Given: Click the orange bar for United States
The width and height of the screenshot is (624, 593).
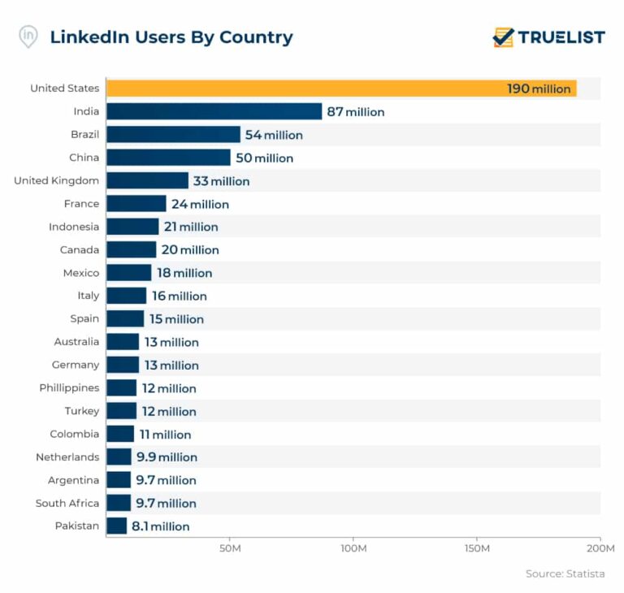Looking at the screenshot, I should coord(341,89).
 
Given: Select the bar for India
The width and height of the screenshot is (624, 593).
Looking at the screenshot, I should coord(214,111).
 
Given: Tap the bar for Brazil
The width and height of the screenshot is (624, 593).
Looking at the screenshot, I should coord(173,135).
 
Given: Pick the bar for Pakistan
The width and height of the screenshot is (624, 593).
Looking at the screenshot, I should coord(116,526).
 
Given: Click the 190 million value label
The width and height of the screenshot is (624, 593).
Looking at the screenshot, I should coord(539,89).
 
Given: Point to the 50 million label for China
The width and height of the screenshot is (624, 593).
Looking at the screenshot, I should coord(264,158).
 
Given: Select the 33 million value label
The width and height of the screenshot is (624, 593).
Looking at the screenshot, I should coord(221,181).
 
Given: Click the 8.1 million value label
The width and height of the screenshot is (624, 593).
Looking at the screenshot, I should coord(160,526).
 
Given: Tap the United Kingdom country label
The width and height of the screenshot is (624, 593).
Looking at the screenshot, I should coord(56,180).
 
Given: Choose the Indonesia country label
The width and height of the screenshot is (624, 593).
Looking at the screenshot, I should coord(74,227).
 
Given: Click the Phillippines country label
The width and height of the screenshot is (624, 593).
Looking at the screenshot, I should coord(69,387).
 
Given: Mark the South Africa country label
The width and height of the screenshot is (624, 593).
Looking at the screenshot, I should coord(67,503).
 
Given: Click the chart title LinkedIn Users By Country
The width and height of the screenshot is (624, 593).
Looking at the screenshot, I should coord(171,37).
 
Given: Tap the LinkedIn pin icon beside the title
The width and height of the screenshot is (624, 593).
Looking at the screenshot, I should coord(28,37).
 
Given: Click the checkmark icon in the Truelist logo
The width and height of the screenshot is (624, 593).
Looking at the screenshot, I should coord(504,37).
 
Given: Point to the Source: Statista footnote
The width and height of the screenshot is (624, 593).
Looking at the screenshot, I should coord(565,574).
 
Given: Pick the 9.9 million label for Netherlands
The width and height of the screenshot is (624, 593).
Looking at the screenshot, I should coord(167,457).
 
